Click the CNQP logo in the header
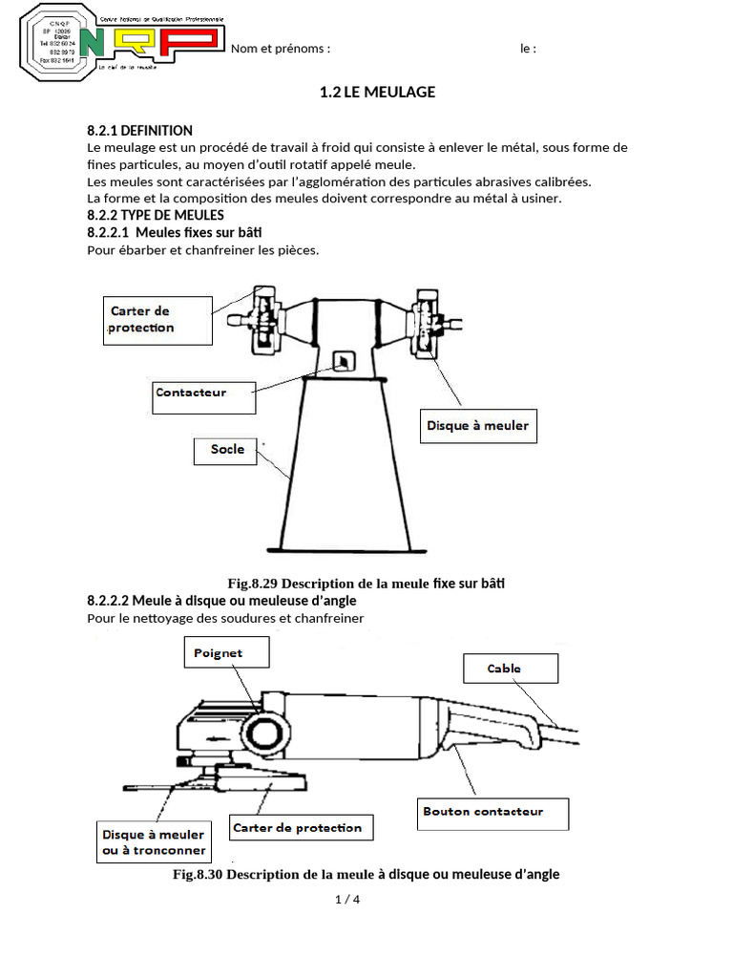coord(121,42)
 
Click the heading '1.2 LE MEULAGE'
coord(377,93)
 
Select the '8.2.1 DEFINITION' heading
coord(139,130)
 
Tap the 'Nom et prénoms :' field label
coord(281,49)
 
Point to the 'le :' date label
coord(528,49)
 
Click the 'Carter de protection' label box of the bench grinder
coord(157,320)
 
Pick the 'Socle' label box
coord(226,451)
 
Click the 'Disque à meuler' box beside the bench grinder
coord(477,426)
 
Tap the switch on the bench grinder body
coord(341,360)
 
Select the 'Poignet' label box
coord(225,653)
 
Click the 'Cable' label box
coord(509,668)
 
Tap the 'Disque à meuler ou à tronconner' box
coord(154,841)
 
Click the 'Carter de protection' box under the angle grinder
coord(302,827)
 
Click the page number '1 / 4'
coord(346,900)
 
